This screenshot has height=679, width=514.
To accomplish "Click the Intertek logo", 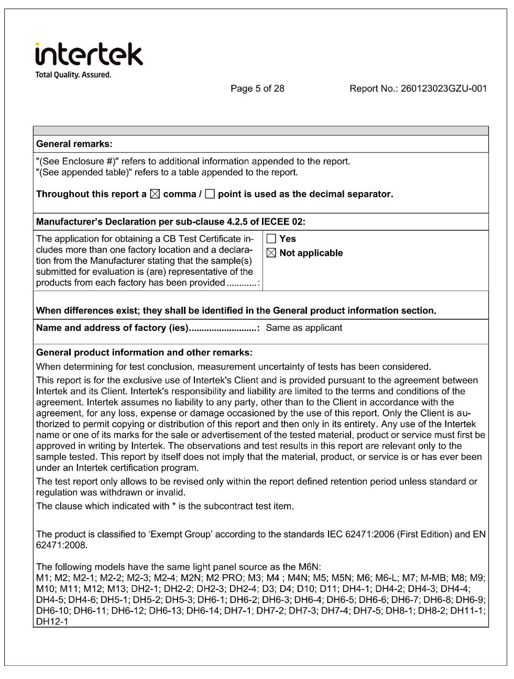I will click(x=89, y=54).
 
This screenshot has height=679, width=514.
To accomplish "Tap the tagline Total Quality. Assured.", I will click(x=73, y=75).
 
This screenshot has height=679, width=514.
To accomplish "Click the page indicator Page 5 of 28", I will click(x=257, y=88).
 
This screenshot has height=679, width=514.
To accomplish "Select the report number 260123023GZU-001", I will click(x=443, y=88).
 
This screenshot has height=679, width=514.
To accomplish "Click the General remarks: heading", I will click(x=74, y=144).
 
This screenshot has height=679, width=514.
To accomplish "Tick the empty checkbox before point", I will click(x=210, y=194).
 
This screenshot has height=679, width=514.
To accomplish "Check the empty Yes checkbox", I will click(x=271, y=239).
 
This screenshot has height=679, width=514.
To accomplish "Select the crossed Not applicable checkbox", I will click(x=271, y=253).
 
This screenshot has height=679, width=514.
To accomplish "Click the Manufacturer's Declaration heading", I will click(x=170, y=222).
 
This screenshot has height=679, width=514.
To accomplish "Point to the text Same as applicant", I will click(x=304, y=328).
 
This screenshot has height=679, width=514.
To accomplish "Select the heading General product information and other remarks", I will click(x=144, y=352).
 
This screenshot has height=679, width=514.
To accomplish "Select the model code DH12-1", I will click(x=51, y=621).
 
